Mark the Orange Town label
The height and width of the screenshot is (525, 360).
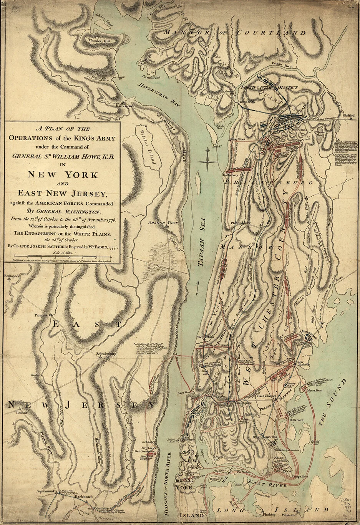coord(163,223)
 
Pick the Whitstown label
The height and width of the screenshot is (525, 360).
coord(289,514)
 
